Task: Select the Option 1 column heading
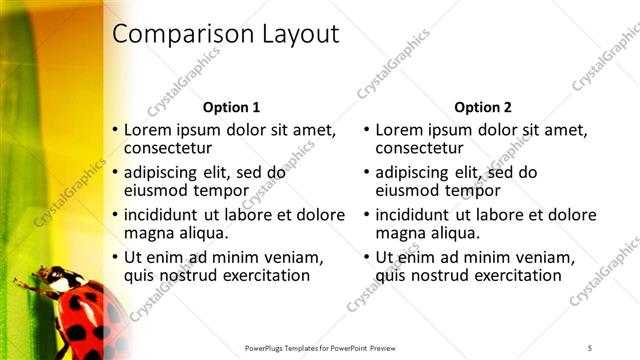coord(231,107)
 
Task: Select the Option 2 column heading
coord(482,107)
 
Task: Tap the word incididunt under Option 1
coord(168,214)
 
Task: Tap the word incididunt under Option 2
coord(419,214)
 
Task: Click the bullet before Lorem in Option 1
coord(115,130)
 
